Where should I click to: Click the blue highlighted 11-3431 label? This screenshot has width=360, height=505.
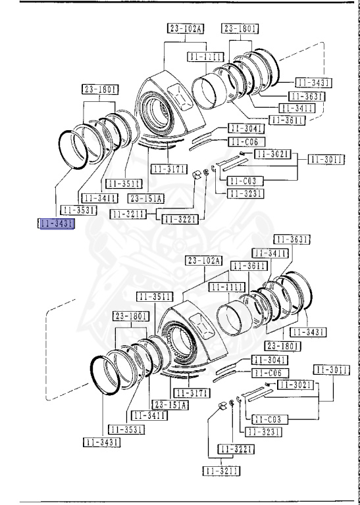57,224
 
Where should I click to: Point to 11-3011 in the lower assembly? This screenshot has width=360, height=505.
330,370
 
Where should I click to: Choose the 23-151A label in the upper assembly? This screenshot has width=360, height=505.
147,197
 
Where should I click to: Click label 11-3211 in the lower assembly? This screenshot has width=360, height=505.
220,471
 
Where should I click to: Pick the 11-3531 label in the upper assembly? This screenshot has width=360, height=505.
78,210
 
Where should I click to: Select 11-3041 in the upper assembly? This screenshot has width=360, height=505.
246,128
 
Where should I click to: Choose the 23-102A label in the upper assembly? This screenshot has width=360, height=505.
185,28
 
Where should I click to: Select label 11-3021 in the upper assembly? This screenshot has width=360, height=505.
271,154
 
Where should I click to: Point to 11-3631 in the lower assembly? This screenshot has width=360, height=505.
292,239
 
